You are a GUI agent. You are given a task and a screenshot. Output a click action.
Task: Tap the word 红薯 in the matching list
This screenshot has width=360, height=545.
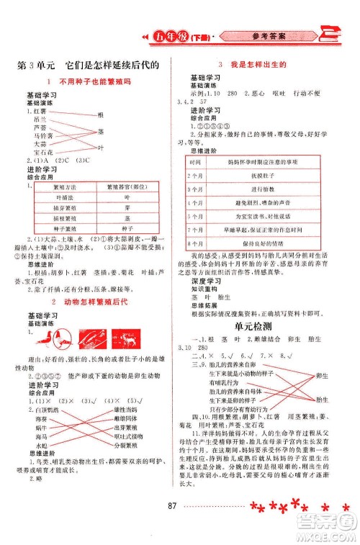pyautogui.click(x=39, y=113)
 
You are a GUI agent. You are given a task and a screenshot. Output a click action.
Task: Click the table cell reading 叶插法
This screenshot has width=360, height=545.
pyautogui.click(x=63, y=197)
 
